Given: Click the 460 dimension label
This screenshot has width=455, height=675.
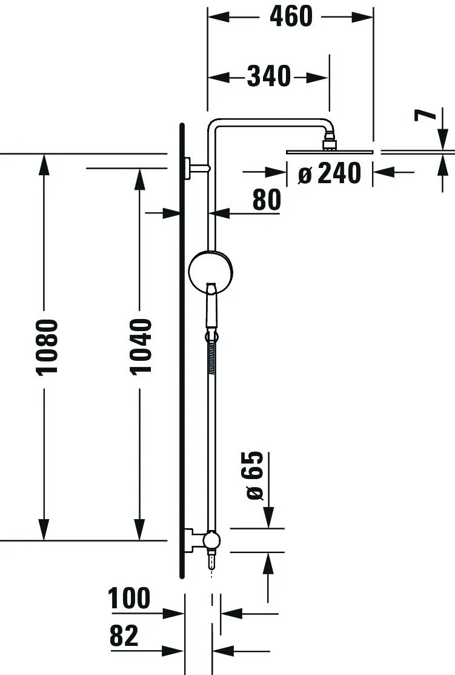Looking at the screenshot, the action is pyautogui.click(x=291, y=17).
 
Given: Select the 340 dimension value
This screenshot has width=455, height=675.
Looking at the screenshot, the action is pyautogui.click(x=269, y=76).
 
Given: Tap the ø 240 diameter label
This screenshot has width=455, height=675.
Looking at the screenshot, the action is pyautogui.click(x=330, y=173).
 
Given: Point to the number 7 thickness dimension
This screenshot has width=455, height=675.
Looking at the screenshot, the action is pyautogui.click(x=425, y=115).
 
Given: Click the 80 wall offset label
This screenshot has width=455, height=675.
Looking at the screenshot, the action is pyautogui.click(x=267, y=200).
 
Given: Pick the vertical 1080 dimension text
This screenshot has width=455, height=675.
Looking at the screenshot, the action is pyautogui.click(x=47, y=347).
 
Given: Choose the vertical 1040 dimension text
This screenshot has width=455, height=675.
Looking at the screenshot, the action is pyautogui.click(x=141, y=346).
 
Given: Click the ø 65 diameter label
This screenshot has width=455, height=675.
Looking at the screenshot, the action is pyautogui.click(x=254, y=475).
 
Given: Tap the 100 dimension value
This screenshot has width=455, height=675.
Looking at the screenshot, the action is pyautogui.click(x=129, y=598).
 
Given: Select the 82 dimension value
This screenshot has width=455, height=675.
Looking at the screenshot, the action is pyautogui.click(x=124, y=636).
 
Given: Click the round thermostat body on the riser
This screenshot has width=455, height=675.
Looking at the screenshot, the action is pyautogui.click(x=211, y=272).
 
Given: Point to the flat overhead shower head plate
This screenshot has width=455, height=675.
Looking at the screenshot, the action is pyautogui.click(x=330, y=152).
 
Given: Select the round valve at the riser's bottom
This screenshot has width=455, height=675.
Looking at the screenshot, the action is pyautogui.click(x=211, y=540).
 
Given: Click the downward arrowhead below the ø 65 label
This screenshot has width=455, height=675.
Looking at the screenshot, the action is pyautogui.click(x=268, y=516).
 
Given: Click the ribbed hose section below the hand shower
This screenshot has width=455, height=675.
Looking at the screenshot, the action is pyautogui.click(x=211, y=358).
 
